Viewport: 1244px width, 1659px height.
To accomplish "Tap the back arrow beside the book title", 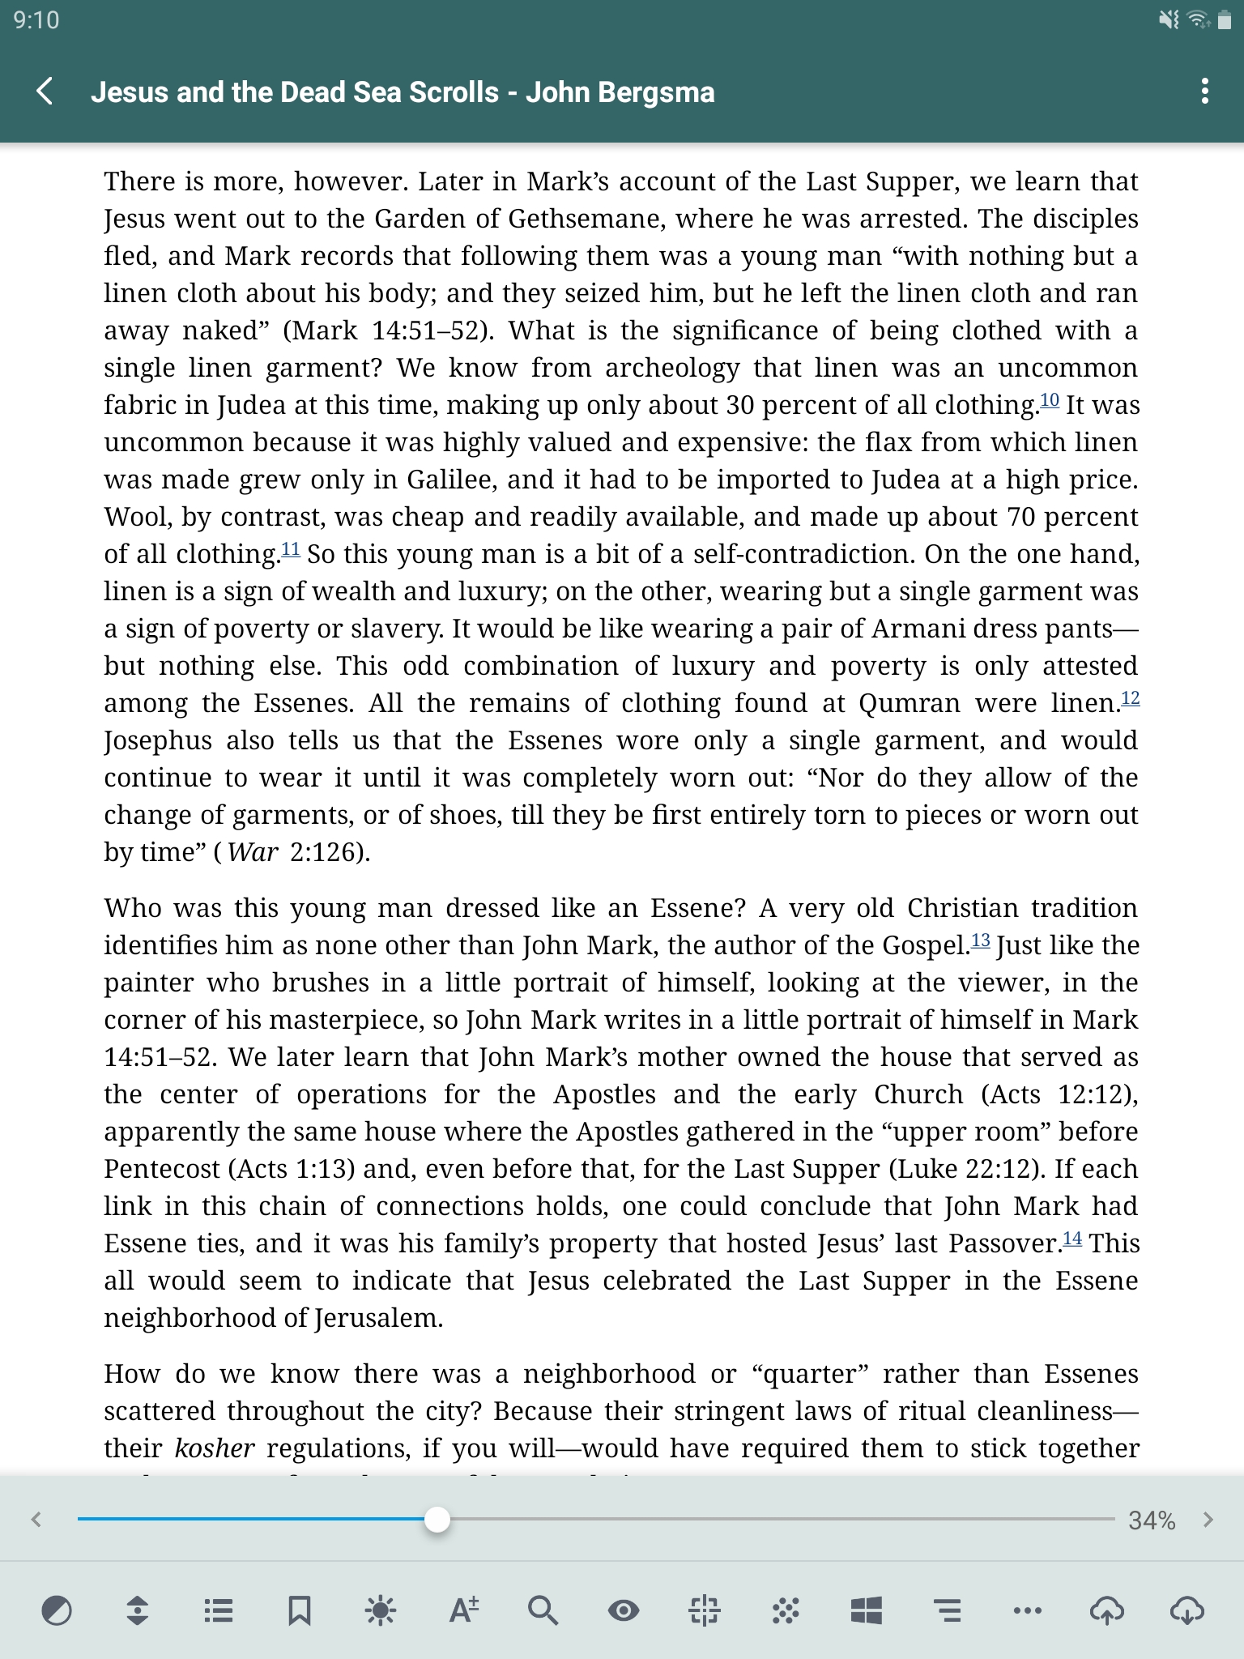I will [x=45, y=92].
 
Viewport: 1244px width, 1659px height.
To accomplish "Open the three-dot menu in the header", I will [x=1204, y=92].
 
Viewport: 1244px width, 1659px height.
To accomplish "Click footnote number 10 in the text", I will [x=1049, y=400].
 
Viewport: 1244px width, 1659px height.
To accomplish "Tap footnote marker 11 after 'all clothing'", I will [x=291, y=550].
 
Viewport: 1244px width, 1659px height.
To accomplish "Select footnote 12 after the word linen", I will [x=1130, y=698].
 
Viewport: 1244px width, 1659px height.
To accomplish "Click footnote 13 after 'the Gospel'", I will [x=980, y=940].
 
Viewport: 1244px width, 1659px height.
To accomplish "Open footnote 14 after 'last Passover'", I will [x=1071, y=1239].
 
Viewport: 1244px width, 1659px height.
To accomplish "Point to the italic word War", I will [x=253, y=852].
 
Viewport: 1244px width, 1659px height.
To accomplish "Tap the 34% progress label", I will [x=1151, y=1520].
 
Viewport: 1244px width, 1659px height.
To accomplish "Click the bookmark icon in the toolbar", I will [x=299, y=1610].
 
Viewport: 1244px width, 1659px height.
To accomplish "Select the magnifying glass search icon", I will [x=542, y=1610].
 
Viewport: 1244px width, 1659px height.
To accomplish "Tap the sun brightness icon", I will [x=380, y=1610].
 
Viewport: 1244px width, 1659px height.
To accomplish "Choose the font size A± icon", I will [x=463, y=1610].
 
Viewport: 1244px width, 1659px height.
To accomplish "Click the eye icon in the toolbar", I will [x=623, y=1610].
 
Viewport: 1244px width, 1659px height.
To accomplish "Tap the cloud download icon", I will [x=1186, y=1610].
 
